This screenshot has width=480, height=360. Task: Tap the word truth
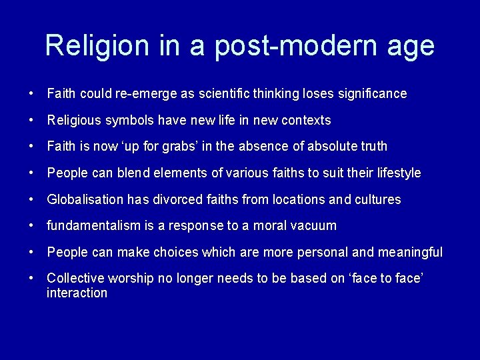(373, 146)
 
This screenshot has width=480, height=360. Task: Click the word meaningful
(411, 252)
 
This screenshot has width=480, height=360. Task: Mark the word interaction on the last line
(77, 293)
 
